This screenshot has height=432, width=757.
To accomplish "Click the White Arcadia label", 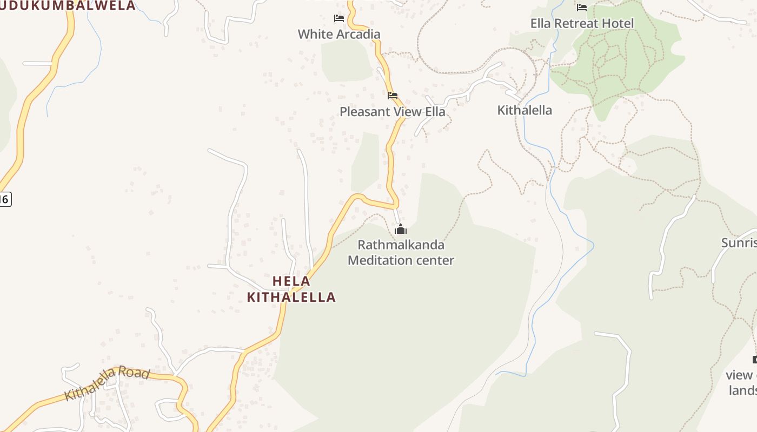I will click(339, 34).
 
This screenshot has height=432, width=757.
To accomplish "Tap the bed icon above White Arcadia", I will click(339, 18).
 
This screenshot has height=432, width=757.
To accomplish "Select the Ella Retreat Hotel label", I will click(582, 23).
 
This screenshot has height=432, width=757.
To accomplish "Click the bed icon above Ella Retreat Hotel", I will click(582, 8).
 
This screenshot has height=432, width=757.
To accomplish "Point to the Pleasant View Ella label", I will click(393, 112).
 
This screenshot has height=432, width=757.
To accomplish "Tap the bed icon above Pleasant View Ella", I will click(393, 96).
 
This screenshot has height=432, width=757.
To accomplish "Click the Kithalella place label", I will click(524, 110).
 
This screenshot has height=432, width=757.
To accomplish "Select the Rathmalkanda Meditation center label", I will click(401, 252).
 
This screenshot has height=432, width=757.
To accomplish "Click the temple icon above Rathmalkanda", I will click(401, 230).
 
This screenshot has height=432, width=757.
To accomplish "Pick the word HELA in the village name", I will click(291, 281).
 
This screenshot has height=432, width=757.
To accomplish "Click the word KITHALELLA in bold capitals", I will click(291, 297).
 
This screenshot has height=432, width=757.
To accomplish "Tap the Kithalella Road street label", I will click(107, 383).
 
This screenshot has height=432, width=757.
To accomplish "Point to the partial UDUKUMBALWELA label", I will click(68, 5).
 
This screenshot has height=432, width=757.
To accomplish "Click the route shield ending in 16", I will click(4, 199).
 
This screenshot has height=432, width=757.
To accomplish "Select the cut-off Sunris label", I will click(739, 242).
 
